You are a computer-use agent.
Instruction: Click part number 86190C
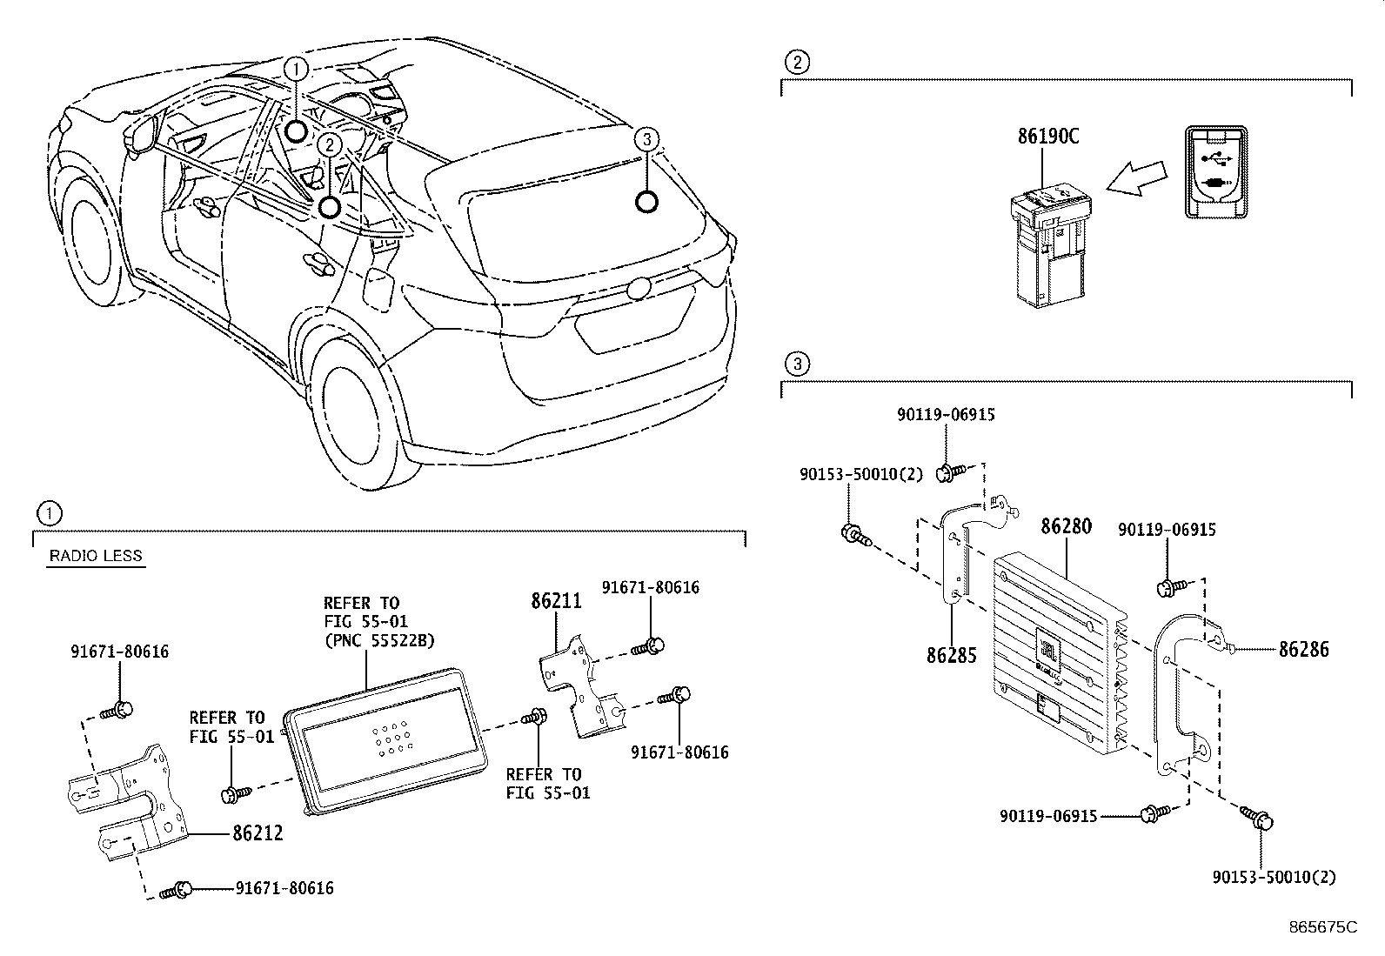(1048, 137)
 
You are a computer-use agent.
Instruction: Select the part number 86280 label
(1066, 527)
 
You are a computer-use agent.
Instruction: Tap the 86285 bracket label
(952, 655)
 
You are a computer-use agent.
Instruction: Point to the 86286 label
(1303, 649)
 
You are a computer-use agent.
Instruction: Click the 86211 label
(556, 600)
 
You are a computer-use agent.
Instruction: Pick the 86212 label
(258, 833)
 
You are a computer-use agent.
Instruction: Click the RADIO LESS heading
(95, 556)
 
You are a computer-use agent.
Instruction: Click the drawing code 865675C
(1322, 927)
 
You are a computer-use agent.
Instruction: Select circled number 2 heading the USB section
(796, 62)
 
